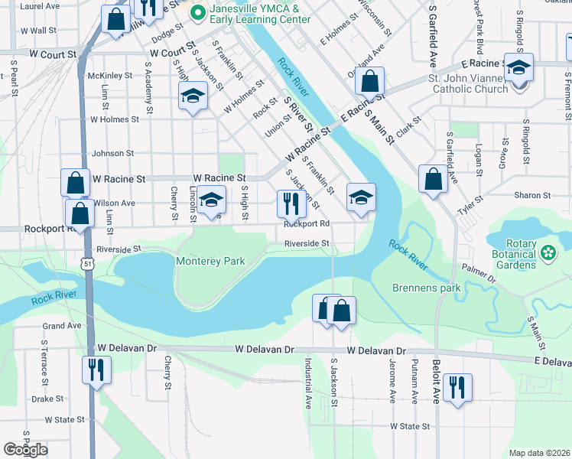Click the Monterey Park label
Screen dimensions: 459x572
[x=210, y=261]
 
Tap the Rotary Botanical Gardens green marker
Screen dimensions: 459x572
[x=548, y=252]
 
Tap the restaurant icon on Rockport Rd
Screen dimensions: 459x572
[x=291, y=203]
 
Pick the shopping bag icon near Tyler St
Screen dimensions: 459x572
[x=433, y=180]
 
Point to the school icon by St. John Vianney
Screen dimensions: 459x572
[x=518, y=68]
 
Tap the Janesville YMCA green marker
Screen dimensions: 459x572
[x=197, y=12]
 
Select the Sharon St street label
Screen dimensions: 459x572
[x=528, y=195]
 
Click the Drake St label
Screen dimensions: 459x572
[x=47, y=399]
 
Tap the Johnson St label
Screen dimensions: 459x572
[x=112, y=153]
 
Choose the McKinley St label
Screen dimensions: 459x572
[x=110, y=76]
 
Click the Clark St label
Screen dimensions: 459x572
[x=410, y=122]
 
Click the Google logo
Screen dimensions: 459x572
[x=26, y=450]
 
